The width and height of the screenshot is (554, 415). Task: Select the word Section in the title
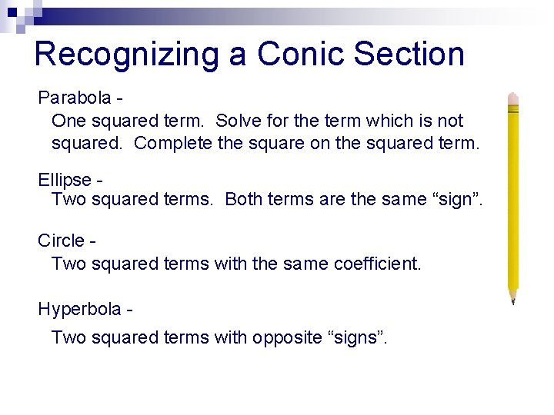[x=415, y=55]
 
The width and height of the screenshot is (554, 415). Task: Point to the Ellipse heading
[x=65, y=180]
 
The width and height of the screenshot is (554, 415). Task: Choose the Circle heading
[x=61, y=241]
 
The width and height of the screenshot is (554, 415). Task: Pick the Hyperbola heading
[x=79, y=310]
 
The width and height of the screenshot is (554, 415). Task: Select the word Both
[x=242, y=200]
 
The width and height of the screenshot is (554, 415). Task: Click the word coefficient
[x=377, y=264]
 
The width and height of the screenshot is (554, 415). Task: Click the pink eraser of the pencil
[x=513, y=100]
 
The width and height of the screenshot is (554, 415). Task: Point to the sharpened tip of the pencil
[x=512, y=300]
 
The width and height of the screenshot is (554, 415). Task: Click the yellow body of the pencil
[x=513, y=200]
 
